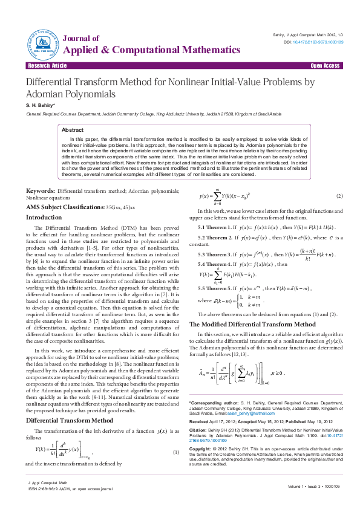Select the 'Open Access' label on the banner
coord(325,65)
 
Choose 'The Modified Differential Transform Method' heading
coord(249,325)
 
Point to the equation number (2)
coord(339,196)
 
